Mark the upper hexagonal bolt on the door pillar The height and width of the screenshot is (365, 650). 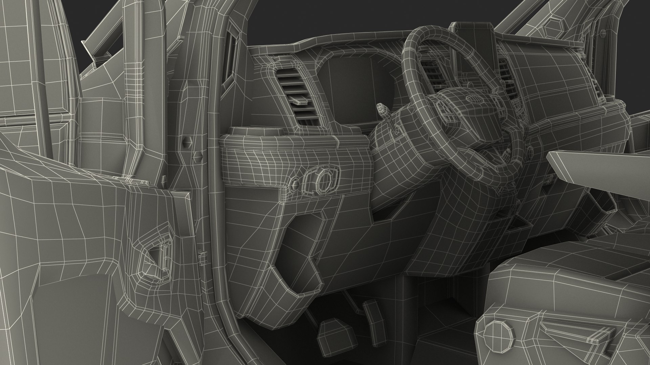(187, 143)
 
